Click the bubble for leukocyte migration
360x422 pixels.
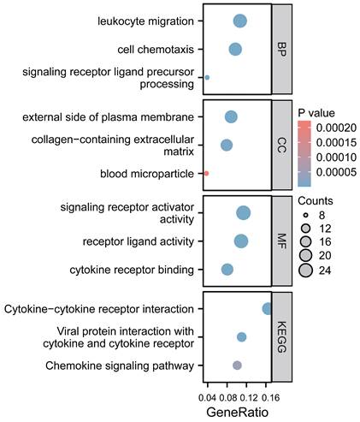[x=240, y=21]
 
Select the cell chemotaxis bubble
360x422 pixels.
[x=235, y=50]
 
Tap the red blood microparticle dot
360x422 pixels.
[x=206, y=173]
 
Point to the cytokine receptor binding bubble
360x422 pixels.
[x=227, y=270]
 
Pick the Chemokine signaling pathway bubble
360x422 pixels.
[x=237, y=366]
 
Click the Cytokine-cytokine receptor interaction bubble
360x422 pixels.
[x=267, y=309]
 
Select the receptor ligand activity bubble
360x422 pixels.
[x=241, y=241]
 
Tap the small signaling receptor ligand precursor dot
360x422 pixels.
[x=207, y=78]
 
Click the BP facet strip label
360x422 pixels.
[x=281, y=49]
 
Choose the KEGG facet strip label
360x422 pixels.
[x=281, y=337]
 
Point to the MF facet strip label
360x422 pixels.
[x=281, y=241]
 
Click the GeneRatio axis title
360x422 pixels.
[x=237, y=412]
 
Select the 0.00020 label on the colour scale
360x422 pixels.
[x=336, y=128]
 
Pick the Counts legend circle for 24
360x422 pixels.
[x=306, y=270]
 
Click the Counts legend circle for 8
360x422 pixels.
[x=306, y=215]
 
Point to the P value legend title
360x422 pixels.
[x=316, y=113]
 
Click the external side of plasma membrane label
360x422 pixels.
[x=108, y=117]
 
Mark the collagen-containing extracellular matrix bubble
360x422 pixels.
[x=227, y=146]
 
